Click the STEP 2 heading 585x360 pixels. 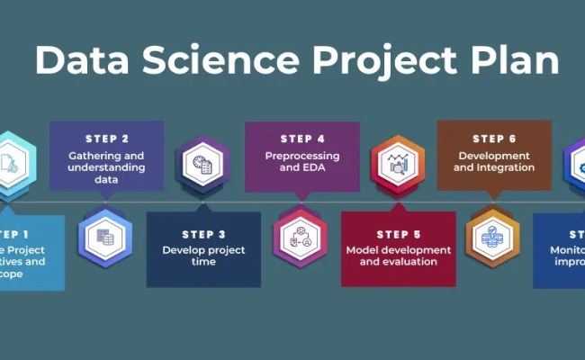[x=106, y=139]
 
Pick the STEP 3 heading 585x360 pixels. [x=203, y=234]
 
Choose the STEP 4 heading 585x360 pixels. [x=302, y=139]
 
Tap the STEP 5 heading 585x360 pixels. [x=399, y=234]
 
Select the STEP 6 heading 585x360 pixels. [x=494, y=139]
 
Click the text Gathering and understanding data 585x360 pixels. [x=106, y=166]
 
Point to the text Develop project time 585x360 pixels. [x=203, y=256]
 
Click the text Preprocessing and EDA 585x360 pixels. [x=302, y=160]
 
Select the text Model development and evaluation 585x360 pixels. [x=399, y=256]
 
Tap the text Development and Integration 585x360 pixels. [x=494, y=160]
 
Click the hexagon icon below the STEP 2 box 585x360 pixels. [x=104, y=237]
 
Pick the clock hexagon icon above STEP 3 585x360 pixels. [x=202, y=164]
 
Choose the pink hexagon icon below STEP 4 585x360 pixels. [x=301, y=237]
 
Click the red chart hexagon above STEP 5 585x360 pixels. [x=397, y=164]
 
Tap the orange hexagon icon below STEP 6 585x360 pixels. [x=493, y=237]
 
